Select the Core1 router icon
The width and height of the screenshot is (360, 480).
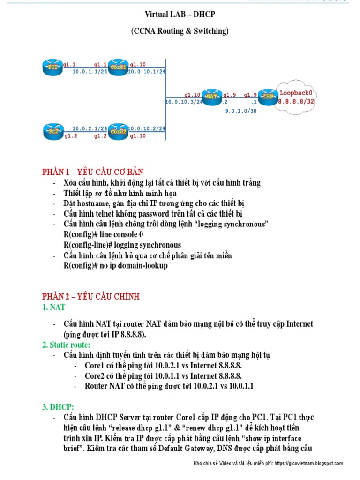point(119,67)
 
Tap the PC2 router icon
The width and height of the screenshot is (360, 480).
point(52,131)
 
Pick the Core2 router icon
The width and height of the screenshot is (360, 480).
point(118,131)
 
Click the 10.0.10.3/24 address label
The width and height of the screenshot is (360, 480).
point(184,101)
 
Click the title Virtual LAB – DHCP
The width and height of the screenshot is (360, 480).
point(180,15)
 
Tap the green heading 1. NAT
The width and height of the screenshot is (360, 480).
point(53,307)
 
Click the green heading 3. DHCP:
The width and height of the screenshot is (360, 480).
point(58,406)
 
